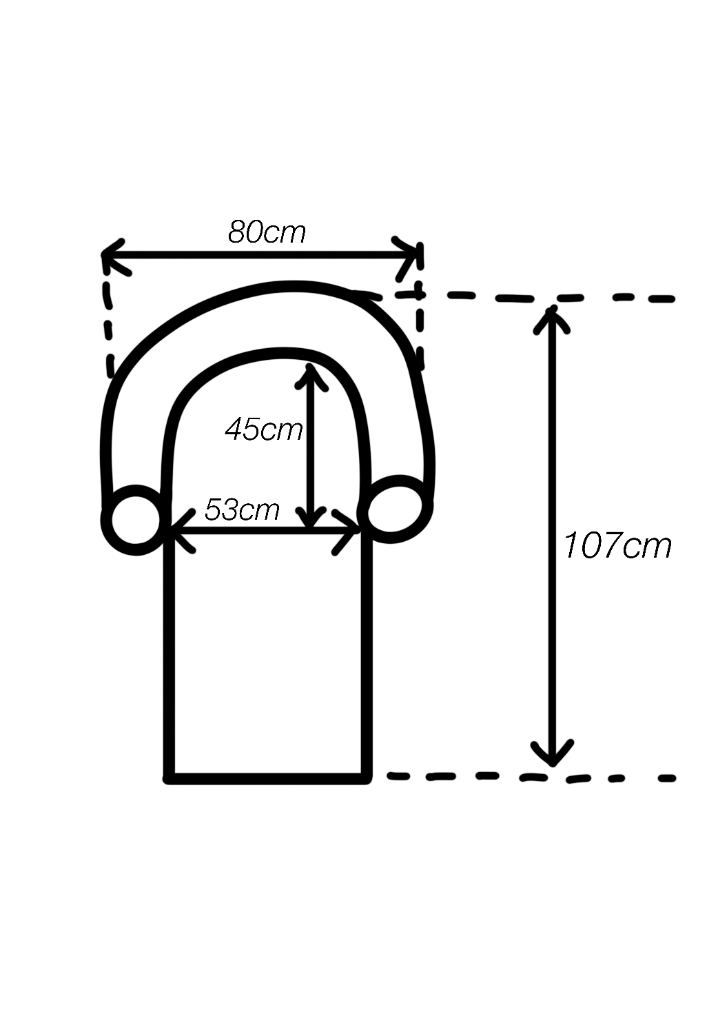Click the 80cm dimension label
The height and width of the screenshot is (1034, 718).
pos(267,232)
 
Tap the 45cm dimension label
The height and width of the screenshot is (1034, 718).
pos(263,429)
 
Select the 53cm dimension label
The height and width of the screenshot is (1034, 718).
pos(242,509)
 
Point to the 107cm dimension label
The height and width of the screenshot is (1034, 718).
pos(617,546)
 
